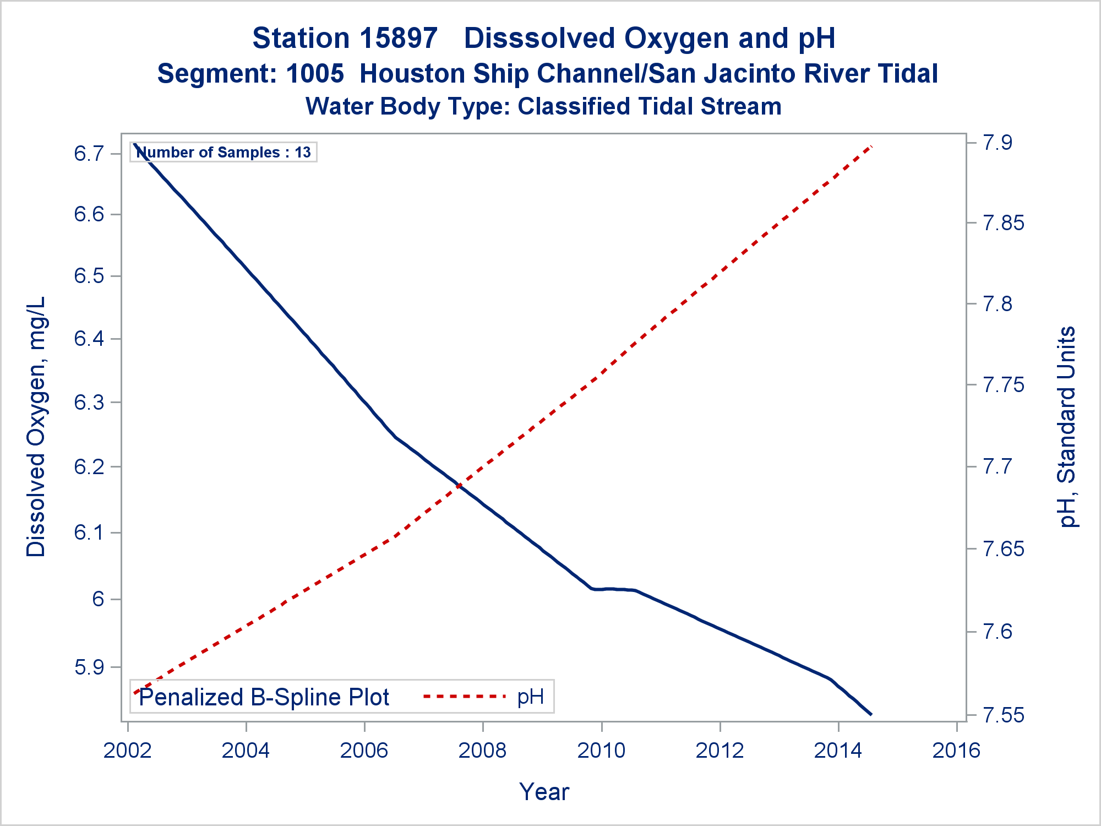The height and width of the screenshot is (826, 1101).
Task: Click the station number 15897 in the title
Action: [400, 39]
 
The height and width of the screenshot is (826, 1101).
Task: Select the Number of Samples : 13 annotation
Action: [224, 152]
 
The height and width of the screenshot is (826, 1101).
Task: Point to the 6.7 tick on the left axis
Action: [89, 153]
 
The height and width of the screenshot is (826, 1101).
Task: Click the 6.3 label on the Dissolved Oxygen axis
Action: [89, 403]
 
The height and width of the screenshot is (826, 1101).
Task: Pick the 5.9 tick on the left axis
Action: [89, 667]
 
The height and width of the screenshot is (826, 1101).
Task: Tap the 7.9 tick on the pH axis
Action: [998, 143]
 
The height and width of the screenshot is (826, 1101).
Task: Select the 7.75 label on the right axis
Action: [1004, 385]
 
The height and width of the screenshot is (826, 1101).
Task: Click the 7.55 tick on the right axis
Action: [1004, 715]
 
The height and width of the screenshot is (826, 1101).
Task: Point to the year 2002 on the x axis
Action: [128, 750]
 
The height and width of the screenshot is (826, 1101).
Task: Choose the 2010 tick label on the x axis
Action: [602, 750]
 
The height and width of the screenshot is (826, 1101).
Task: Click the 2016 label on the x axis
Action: [957, 750]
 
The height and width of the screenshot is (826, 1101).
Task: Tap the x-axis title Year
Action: [544, 792]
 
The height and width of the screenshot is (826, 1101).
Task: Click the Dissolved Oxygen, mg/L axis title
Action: [36, 427]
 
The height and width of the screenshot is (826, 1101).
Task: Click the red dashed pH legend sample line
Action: [464, 697]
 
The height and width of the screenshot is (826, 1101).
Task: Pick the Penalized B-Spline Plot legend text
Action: [264, 697]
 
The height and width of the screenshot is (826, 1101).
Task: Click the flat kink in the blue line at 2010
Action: [613, 589]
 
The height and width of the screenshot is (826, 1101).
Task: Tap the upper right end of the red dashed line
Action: [871, 146]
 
